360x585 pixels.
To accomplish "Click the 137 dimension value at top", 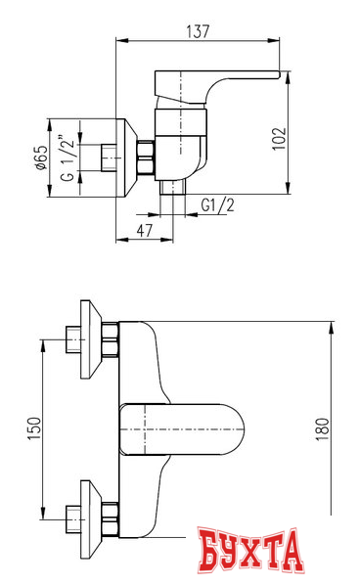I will coord(199,31).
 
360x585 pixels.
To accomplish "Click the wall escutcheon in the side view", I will coord(127,157).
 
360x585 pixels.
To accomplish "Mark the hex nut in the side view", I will coord(146,157).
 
